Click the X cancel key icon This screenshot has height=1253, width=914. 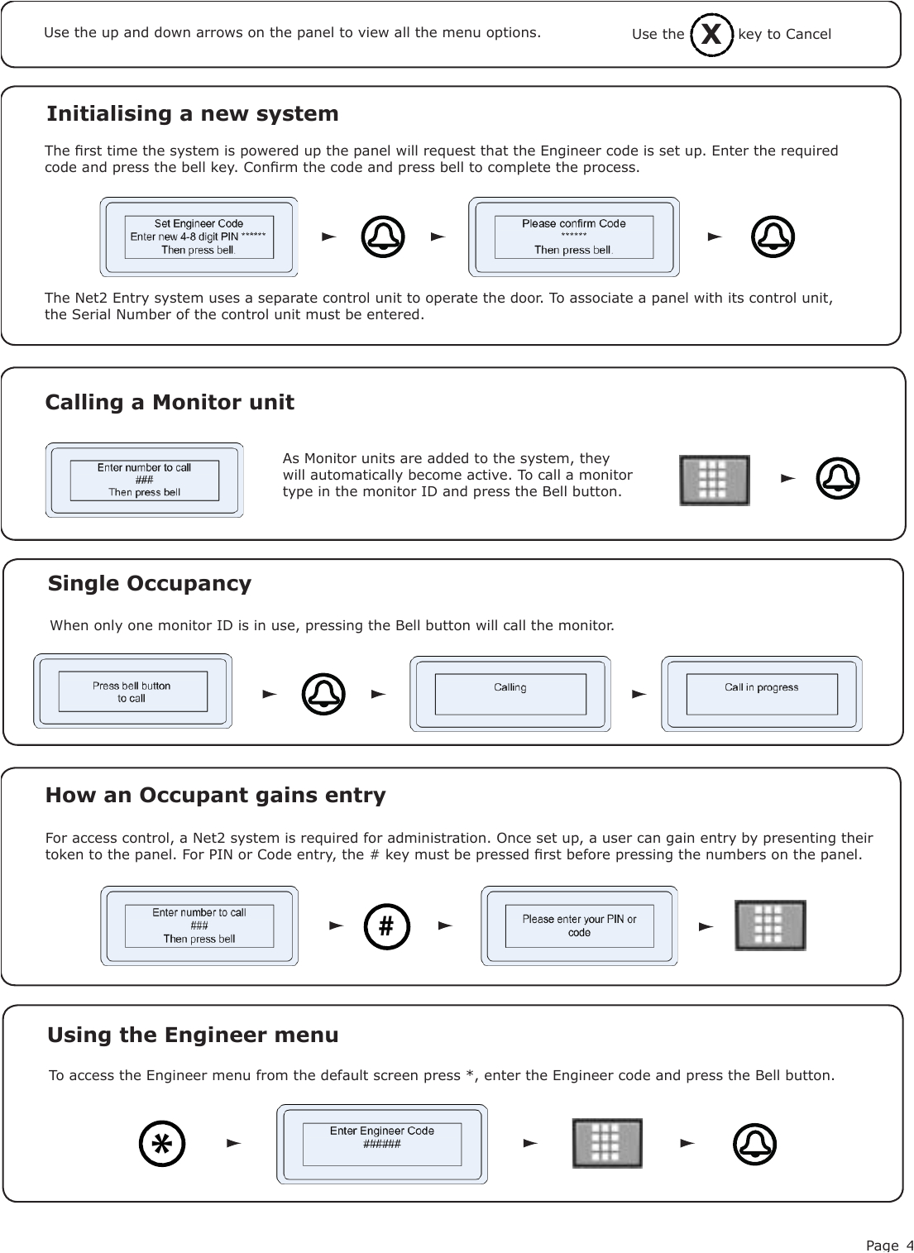coord(711,35)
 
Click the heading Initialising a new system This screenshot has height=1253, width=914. coord(192,113)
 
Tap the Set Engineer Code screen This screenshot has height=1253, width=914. coord(199,237)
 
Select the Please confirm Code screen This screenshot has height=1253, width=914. coord(573,237)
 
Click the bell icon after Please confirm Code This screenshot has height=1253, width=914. coord(773,237)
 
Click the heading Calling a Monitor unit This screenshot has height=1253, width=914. coord(170,402)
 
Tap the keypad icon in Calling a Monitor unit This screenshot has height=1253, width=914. coord(715,480)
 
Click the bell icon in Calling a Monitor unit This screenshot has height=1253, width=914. coord(837,479)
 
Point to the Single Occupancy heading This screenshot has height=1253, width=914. coord(150,583)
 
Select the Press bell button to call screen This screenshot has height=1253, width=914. coord(132,691)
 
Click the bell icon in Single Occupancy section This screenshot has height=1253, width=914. coord(323,694)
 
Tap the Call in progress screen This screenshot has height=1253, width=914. coord(761,694)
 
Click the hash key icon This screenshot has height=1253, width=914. coord(386,926)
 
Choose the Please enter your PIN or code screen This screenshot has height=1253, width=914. coord(579,925)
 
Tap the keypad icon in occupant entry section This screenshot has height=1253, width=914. coord(770,925)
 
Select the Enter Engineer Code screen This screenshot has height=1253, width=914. coord(381,1144)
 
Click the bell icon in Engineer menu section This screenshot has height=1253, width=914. coord(754,1144)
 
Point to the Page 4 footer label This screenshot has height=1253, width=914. coord(889,1245)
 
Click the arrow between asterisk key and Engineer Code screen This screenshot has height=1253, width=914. coord(234,1143)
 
